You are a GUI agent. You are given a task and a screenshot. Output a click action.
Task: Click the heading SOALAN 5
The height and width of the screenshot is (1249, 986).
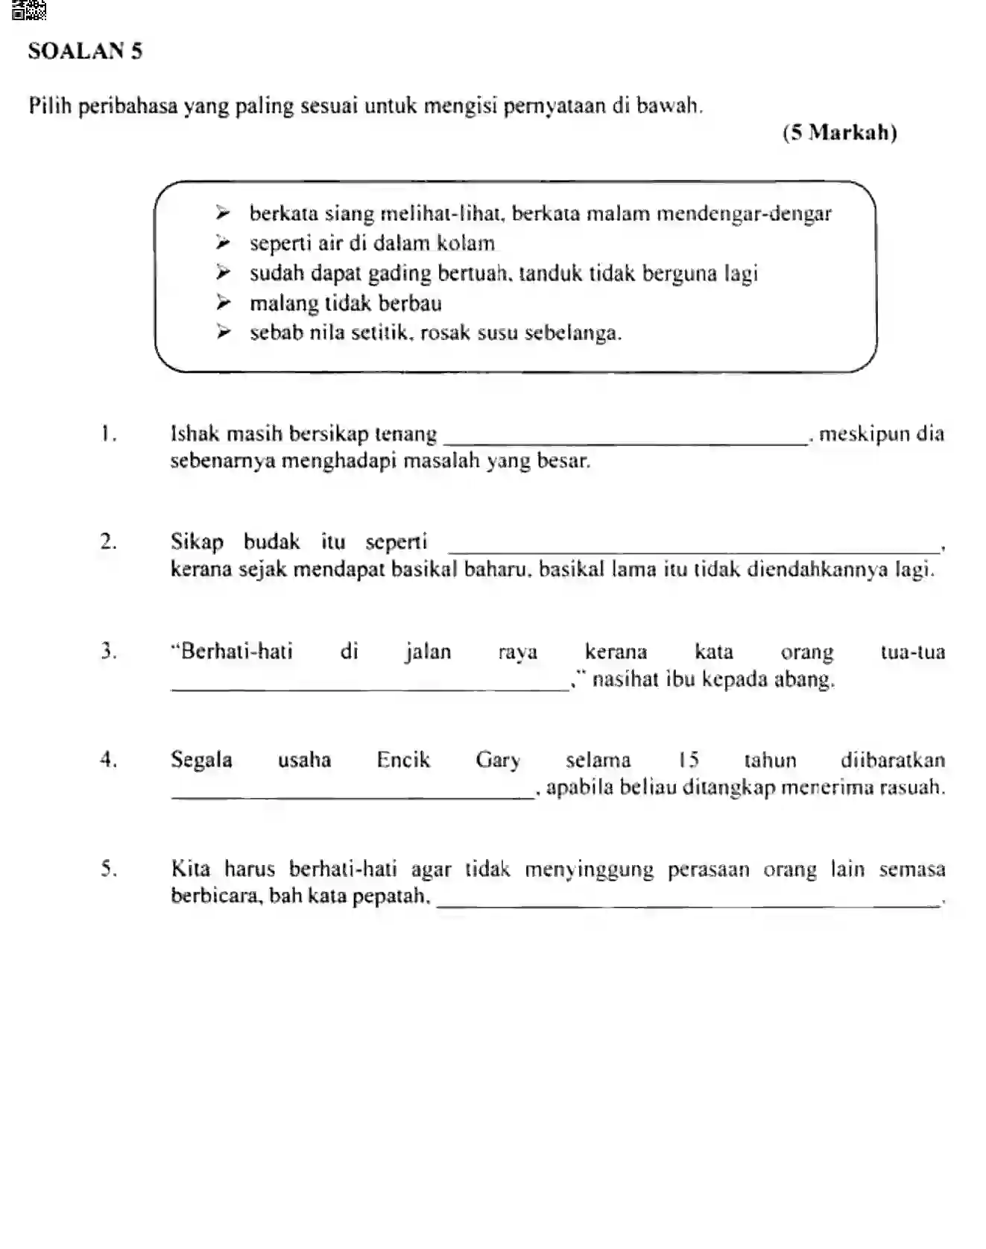tap(85, 51)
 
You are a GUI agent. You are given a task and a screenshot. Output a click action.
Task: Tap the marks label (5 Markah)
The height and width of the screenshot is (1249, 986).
tap(839, 133)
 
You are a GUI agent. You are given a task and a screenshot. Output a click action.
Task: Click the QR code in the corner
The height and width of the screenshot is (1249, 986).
tap(29, 10)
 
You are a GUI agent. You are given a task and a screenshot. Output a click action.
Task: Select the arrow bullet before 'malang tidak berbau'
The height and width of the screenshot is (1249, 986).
tap(223, 303)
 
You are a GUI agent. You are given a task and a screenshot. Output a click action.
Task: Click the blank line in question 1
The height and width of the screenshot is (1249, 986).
tap(626, 443)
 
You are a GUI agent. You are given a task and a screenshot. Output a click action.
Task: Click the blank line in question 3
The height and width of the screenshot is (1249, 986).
tap(370, 689)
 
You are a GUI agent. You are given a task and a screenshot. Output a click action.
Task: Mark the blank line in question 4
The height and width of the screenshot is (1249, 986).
tap(352, 796)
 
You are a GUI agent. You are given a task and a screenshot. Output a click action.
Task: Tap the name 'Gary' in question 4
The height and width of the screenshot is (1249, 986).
tap(498, 760)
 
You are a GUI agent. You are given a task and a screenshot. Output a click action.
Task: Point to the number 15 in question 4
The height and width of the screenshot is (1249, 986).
tap(689, 760)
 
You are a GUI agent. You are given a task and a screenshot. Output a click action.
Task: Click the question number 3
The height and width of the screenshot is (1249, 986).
tap(109, 651)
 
